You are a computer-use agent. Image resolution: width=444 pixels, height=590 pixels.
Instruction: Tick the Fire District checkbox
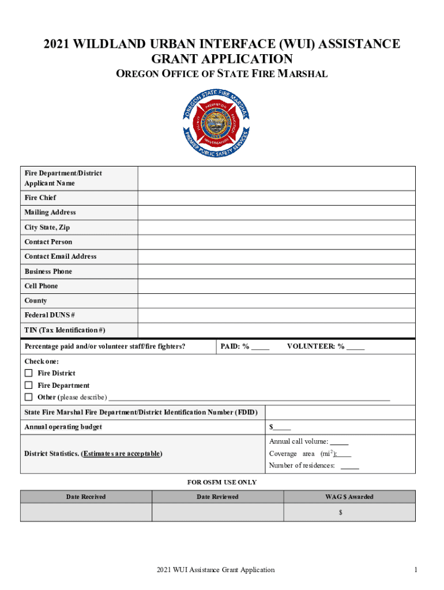point(28,373)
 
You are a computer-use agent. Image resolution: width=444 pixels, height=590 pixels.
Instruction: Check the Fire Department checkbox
point(28,385)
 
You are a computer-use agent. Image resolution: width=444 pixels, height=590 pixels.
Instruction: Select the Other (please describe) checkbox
point(28,397)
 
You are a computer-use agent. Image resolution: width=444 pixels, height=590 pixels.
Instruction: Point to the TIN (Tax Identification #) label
point(65,330)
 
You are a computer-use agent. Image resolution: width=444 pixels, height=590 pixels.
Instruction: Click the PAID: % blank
point(260,347)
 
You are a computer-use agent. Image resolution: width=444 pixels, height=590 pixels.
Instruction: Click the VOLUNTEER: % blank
point(355,347)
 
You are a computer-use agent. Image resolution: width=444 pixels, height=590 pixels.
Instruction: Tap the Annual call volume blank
point(339,442)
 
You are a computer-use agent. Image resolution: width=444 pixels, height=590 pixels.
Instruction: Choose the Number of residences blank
point(349,466)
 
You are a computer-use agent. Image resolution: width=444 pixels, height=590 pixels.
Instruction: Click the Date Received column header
point(86,497)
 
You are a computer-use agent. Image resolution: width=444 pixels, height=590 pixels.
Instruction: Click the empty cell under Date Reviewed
point(217,512)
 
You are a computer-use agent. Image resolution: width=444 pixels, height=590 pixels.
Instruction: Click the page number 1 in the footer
point(415,570)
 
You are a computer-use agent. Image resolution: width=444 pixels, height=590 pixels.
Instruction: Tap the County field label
point(36,301)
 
